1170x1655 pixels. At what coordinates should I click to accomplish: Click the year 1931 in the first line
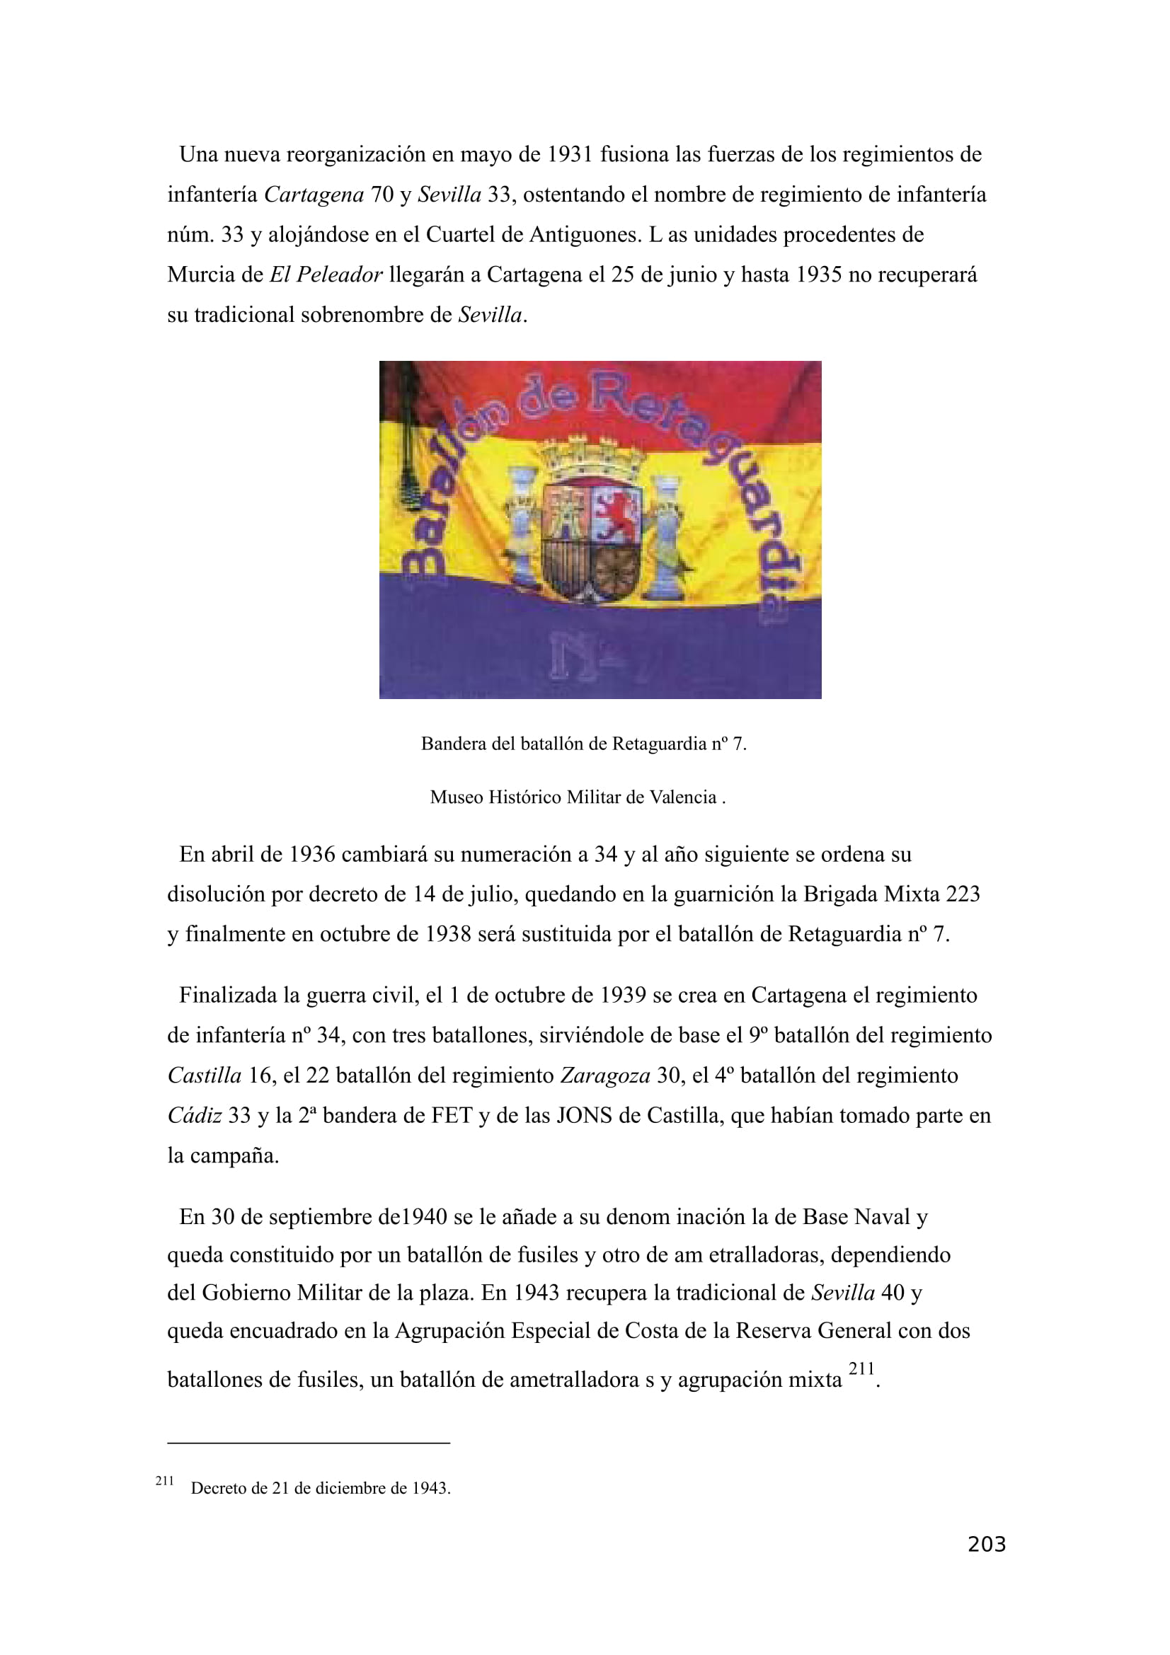click(x=570, y=155)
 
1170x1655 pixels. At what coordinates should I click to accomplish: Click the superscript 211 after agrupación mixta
click(x=861, y=1369)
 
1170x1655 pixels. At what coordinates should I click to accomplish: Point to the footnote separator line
click(x=309, y=1443)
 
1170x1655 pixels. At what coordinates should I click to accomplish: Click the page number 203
click(x=986, y=1545)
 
